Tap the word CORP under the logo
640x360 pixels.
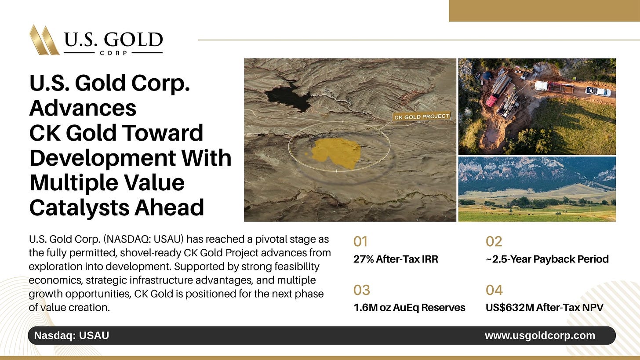[113, 53]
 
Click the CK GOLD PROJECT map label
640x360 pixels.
[422, 116]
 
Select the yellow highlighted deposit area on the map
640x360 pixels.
[334, 153]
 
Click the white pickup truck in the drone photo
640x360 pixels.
[598, 91]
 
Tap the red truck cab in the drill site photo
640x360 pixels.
[492, 101]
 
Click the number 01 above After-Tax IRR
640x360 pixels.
[360, 241]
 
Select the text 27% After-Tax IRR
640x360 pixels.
[396, 259]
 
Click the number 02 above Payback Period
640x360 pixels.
[494, 241]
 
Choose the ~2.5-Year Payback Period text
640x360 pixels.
[547, 259]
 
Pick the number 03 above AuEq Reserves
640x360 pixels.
[361, 290]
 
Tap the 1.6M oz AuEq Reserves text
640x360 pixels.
[409, 307]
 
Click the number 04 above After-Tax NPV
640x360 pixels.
[494, 290]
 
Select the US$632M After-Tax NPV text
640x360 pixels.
[545, 307]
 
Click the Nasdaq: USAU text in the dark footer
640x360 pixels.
[71, 335]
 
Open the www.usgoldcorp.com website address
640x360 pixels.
[540, 335]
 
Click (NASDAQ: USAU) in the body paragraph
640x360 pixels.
[143, 239]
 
